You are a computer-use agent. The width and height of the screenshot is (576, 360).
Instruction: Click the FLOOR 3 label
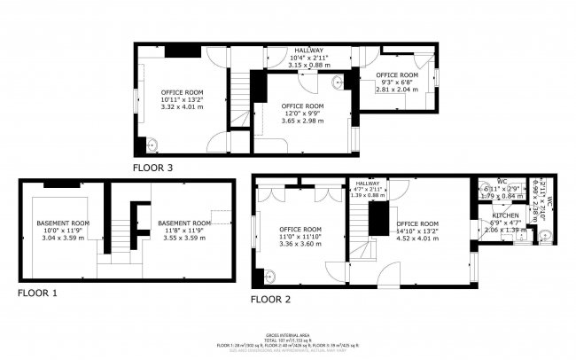[x=152, y=168]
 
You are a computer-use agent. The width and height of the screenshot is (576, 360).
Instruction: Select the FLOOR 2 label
[x=271, y=300]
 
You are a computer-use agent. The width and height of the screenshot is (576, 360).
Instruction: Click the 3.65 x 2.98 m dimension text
[x=303, y=121]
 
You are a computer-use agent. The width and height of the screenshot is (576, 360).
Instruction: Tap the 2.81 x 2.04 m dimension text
[x=396, y=90]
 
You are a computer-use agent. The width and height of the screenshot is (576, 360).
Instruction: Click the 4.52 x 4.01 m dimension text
[x=417, y=238]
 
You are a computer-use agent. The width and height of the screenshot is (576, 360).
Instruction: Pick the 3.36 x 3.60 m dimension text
[x=300, y=244]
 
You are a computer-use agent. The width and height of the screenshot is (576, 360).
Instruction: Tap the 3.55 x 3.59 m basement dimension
[x=183, y=238]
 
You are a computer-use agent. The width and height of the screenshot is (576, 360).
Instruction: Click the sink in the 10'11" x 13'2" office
[x=152, y=145]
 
